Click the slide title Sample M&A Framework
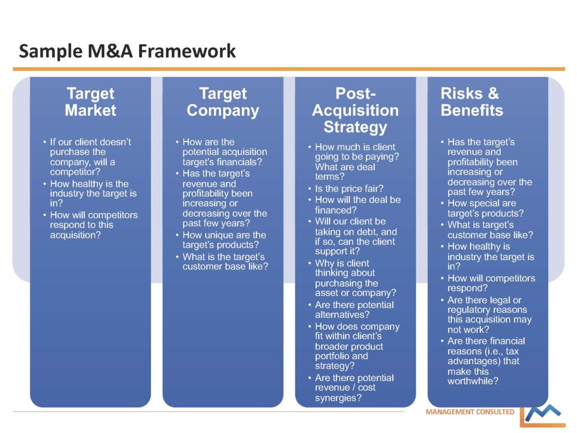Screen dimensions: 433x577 click(x=127, y=51)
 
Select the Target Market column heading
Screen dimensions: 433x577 click(x=90, y=101)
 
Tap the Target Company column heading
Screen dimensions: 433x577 click(x=223, y=101)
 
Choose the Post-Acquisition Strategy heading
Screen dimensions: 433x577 click(x=355, y=110)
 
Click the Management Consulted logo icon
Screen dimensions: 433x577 click(x=542, y=415)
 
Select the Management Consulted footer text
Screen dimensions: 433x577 click(x=470, y=412)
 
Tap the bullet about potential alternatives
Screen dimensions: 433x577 click(x=354, y=310)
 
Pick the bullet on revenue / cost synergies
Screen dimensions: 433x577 click(x=354, y=388)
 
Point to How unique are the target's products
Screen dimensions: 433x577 click(x=224, y=240)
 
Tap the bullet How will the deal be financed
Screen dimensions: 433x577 click(x=357, y=205)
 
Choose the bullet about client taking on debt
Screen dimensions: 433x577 click(x=356, y=236)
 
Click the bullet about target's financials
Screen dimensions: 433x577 click(x=224, y=152)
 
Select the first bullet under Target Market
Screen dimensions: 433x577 click(x=90, y=157)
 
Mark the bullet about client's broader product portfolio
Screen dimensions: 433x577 click(x=357, y=346)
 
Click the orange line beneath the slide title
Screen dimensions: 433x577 click(x=288, y=69)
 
